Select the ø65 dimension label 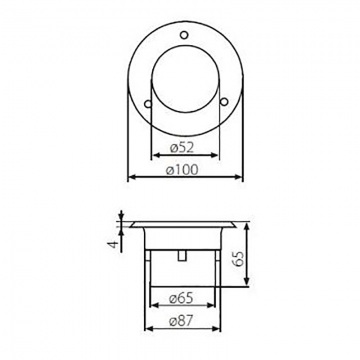pos(181,297)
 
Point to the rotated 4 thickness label pos(112,240)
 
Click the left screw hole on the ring pos(149,102)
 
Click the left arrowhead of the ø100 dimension pos(133,178)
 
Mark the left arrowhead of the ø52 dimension pos(152,156)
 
